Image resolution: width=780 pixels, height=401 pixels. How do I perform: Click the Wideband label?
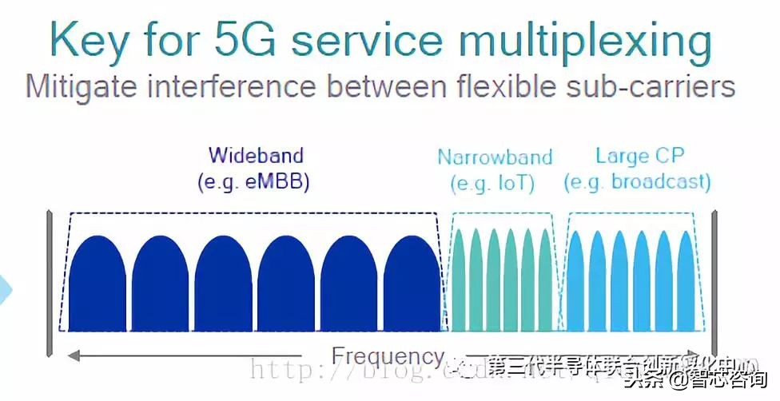(256, 155)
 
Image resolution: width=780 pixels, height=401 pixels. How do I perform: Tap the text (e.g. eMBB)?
(253, 181)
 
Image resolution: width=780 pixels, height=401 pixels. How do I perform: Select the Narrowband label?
(495, 157)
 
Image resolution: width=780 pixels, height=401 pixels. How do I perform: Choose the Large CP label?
(640, 155)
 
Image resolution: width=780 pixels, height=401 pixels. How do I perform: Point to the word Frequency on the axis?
(388, 356)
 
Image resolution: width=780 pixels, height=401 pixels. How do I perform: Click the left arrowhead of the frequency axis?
(72, 355)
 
